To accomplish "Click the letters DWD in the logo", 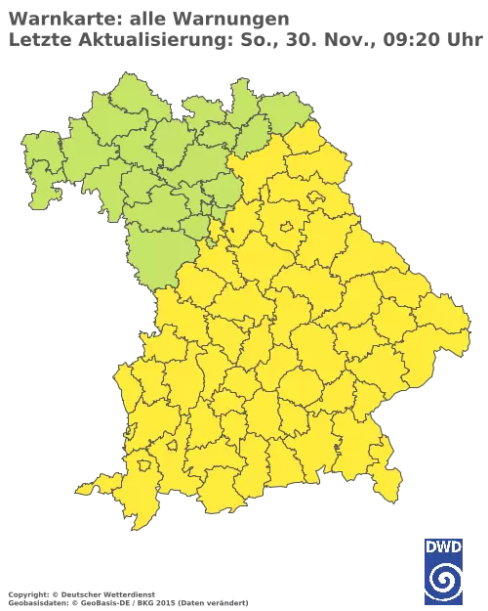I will pyautogui.click(x=443, y=546).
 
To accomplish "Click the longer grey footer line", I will pyautogui.click(x=127, y=596).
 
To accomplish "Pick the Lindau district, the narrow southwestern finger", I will pyautogui.click(x=91, y=486).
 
